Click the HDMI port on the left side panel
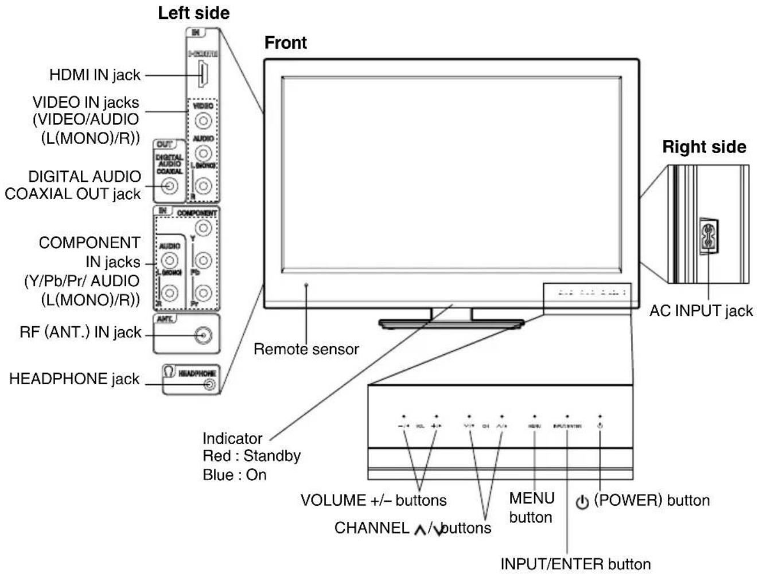click(202, 75)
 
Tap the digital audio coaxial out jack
click(169, 186)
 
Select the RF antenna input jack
click(203, 335)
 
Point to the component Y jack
click(204, 228)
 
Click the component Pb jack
click(204, 261)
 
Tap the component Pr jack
click(204, 293)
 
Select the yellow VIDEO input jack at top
click(203, 121)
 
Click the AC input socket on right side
click(709, 236)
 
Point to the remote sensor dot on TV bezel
click(306, 284)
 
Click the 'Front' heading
click(285, 43)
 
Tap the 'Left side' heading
click(193, 13)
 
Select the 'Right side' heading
click(704, 147)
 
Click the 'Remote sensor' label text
click(306, 349)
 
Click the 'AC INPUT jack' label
click(700, 311)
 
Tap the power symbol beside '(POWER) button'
click(582, 502)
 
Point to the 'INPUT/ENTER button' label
click(575, 564)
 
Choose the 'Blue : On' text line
click(234, 475)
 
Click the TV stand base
click(451, 324)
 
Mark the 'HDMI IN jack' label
click(95, 75)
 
